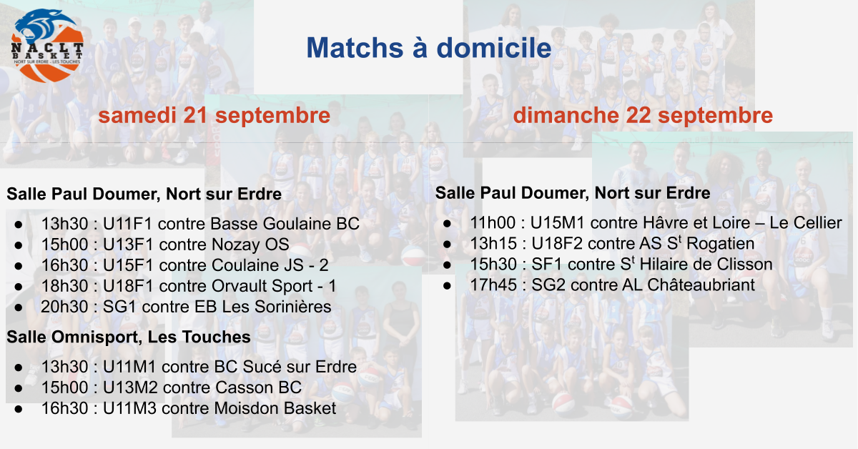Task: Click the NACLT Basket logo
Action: (47, 46)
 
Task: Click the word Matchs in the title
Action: (355, 48)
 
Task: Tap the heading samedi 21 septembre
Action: (214, 115)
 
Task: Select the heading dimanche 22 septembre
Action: (643, 115)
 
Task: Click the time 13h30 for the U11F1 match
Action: (65, 224)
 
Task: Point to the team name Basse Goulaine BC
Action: (285, 224)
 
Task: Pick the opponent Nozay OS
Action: (250, 245)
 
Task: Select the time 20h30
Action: (65, 307)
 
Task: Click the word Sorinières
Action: (292, 307)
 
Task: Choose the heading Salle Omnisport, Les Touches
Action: (129, 337)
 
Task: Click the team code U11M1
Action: (129, 367)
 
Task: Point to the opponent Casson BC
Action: (259, 388)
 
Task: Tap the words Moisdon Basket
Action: (275, 408)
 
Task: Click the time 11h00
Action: (493, 223)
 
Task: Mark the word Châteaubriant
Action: (701, 285)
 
